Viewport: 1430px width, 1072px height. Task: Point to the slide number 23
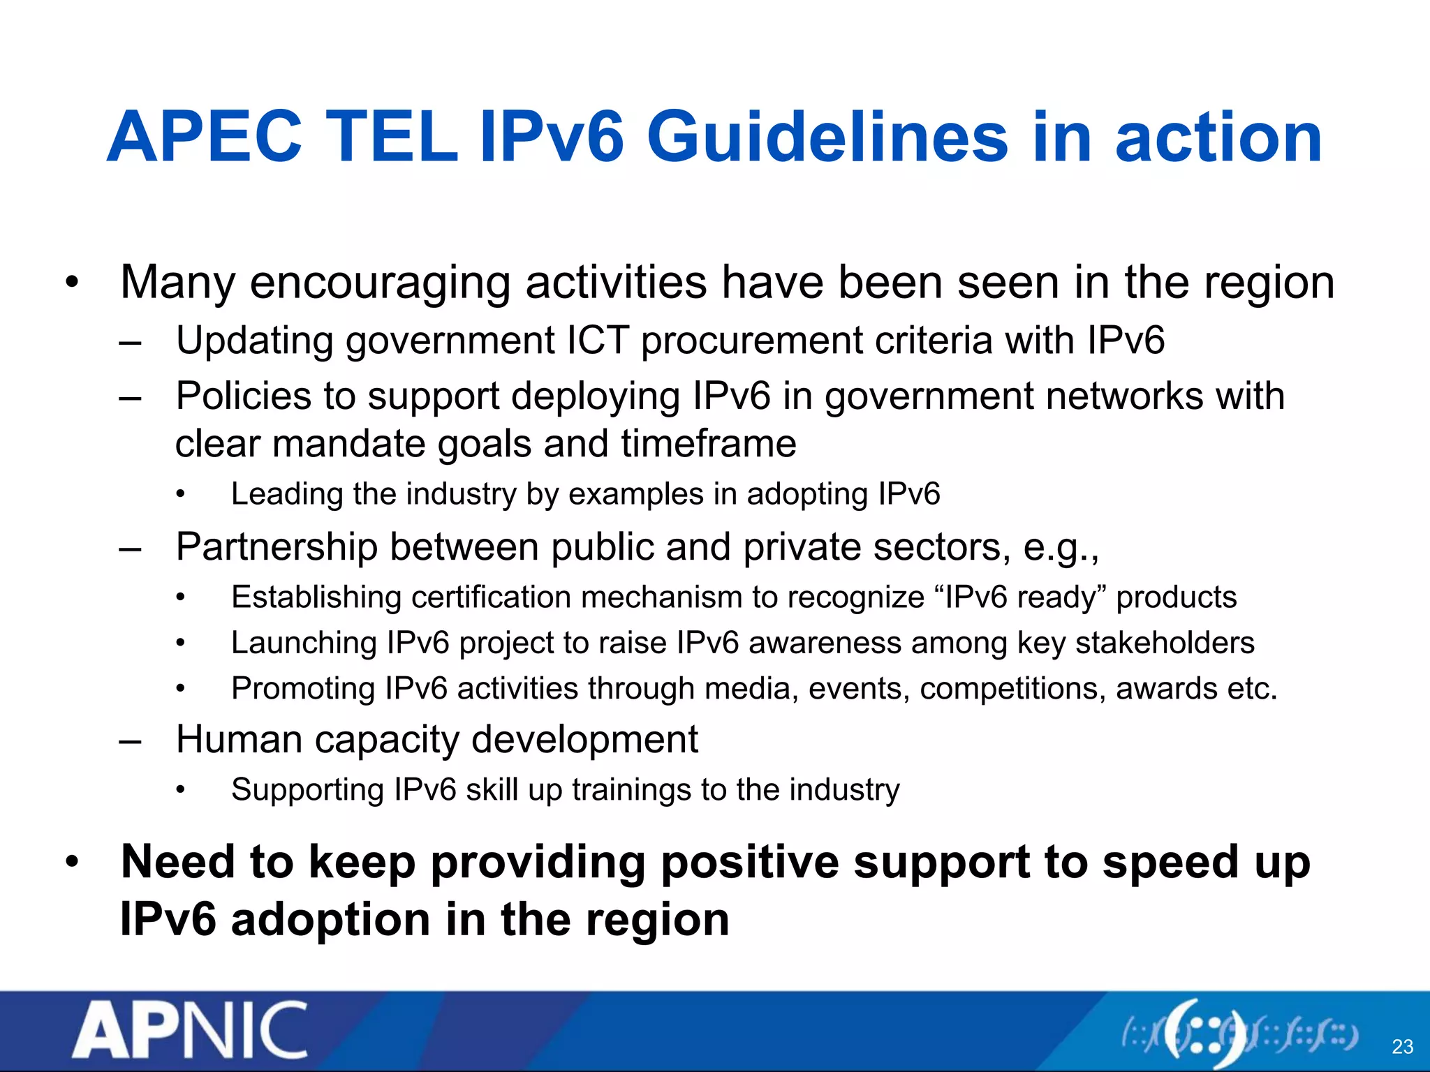pos(1402,1046)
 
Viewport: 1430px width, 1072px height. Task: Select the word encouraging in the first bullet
pos(380,283)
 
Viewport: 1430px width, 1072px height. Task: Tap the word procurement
pos(751,341)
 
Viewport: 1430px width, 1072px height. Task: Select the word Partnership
pos(277,546)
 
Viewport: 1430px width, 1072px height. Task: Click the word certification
pos(490,597)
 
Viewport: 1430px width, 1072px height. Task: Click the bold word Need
pos(178,862)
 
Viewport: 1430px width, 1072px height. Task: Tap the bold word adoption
pos(331,919)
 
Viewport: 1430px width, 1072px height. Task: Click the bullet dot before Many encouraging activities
pos(72,283)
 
